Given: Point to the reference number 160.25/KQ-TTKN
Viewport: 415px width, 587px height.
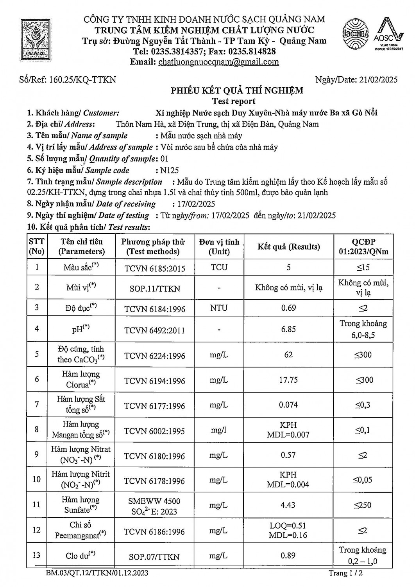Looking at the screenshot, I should pyautogui.click(x=83, y=80).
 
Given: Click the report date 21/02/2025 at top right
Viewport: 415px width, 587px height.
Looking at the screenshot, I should pyautogui.click(x=377, y=80).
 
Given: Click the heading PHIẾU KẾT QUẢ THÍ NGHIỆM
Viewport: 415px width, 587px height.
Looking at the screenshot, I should pyautogui.click(x=237, y=91).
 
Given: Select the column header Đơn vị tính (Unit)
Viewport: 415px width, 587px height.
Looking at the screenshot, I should pyautogui.click(x=219, y=247).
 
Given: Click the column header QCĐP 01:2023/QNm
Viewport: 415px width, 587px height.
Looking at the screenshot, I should pyautogui.click(x=363, y=247).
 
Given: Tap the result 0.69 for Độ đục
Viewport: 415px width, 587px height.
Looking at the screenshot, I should pyautogui.click(x=288, y=308).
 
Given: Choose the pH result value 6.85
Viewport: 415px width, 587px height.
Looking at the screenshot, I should pyautogui.click(x=288, y=329).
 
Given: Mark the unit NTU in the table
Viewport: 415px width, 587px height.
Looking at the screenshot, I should pyautogui.click(x=219, y=308).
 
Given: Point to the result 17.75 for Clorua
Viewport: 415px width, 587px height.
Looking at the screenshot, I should pyautogui.click(x=288, y=380).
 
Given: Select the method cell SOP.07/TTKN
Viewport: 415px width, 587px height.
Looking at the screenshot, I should pyautogui.click(x=154, y=556).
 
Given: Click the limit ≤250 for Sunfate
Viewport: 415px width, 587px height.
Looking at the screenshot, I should pyautogui.click(x=363, y=505).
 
